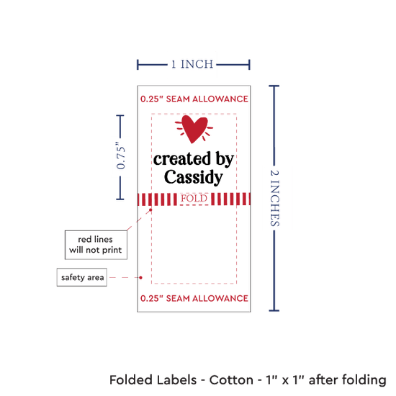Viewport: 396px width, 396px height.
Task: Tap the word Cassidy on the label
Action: coord(194,177)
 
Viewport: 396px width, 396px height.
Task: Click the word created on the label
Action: coord(182,159)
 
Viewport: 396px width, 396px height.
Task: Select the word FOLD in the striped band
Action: coord(194,199)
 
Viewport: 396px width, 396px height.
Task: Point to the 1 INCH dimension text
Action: coord(192,64)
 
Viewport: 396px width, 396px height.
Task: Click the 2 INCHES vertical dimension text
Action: coord(274,198)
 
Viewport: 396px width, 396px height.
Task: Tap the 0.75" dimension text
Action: coord(121,156)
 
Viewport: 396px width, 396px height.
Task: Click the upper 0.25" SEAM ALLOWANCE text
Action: coord(194,99)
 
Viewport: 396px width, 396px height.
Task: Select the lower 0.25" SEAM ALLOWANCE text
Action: coord(194,299)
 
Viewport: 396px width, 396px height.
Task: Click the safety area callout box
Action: coord(82,277)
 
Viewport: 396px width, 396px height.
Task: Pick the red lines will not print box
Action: coord(96,245)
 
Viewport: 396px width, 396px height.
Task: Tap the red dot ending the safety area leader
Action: coord(140,277)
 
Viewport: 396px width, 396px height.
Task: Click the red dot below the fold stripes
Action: coord(150,210)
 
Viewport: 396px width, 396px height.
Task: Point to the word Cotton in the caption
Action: coord(231,380)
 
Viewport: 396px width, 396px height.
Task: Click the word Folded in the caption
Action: coord(131,380)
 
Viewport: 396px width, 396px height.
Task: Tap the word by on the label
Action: coord(224,159)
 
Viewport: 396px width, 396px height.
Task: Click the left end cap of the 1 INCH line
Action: coord(138,65)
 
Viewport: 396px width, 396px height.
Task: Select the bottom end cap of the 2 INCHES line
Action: coord(274,310)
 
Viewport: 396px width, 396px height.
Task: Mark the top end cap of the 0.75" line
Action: coord(120,116)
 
